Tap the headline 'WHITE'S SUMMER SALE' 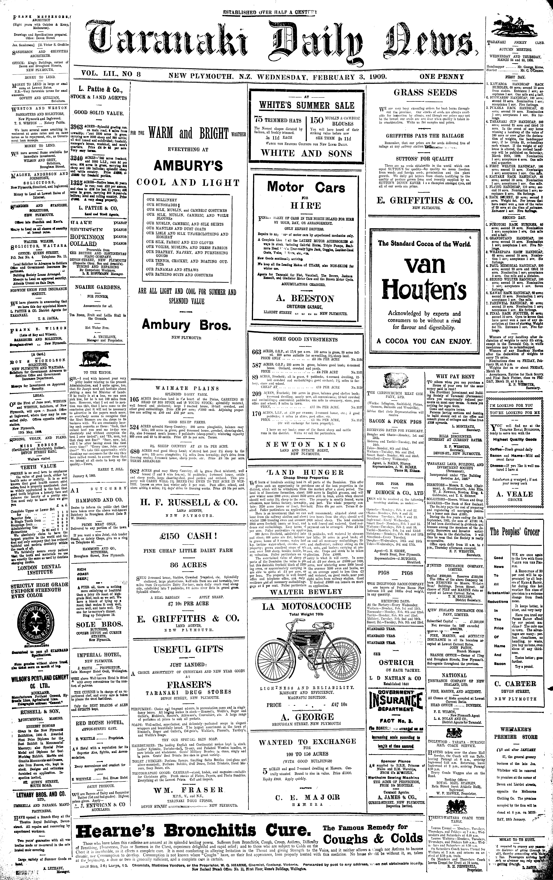click(306, 106)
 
